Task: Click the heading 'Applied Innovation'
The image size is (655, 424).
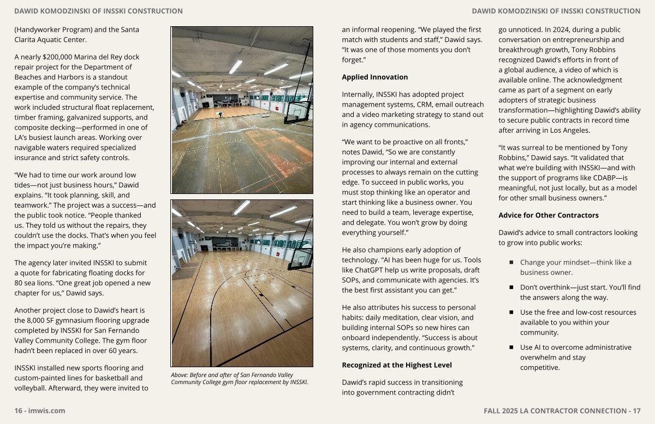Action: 374,77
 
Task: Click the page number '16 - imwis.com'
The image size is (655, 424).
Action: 40,411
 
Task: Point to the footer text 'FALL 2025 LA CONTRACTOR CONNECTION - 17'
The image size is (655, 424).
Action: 562,411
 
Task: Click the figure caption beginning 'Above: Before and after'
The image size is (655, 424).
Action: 239,379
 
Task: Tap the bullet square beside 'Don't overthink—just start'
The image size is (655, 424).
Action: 511,287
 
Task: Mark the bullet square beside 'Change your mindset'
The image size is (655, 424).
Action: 511,263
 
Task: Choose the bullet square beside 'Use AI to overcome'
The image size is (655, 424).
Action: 511,348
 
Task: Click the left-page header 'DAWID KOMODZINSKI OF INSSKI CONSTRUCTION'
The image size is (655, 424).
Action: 99,11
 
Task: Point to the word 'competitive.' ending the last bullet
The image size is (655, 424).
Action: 540,368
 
